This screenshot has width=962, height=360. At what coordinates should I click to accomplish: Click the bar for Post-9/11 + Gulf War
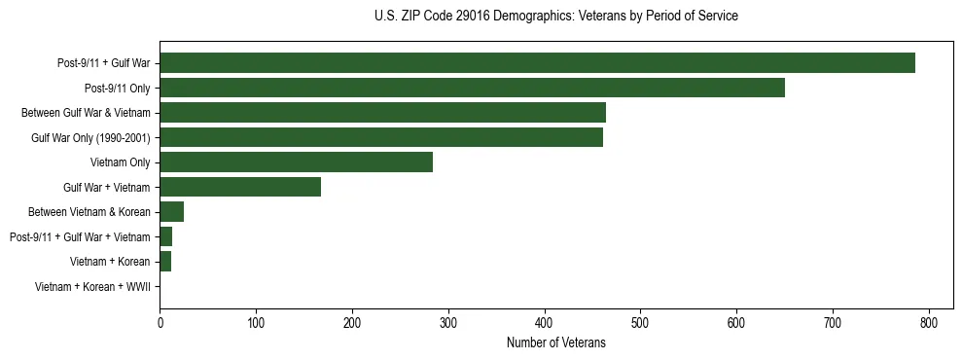537,63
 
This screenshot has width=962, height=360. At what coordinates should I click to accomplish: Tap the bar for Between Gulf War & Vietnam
382,113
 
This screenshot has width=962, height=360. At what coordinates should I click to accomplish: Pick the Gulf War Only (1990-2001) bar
381,137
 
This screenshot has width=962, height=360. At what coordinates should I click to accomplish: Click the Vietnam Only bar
296,162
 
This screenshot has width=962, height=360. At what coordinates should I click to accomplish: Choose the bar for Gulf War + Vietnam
240,187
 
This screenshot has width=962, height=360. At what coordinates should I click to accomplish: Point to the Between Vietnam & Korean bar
172,212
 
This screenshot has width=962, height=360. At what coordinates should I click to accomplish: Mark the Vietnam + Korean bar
165,262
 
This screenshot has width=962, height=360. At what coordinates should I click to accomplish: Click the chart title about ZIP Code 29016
555,17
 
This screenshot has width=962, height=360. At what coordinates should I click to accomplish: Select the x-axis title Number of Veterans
555,343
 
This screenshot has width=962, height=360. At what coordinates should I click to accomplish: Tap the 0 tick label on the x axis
160,324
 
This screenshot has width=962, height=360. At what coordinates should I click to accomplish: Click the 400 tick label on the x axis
545,324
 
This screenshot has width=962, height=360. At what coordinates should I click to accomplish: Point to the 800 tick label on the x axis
929,324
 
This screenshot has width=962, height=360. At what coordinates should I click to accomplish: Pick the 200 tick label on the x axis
352,324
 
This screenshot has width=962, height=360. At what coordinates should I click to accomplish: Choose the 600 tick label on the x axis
736,324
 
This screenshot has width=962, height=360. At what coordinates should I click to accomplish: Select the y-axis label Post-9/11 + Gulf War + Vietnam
80,237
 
